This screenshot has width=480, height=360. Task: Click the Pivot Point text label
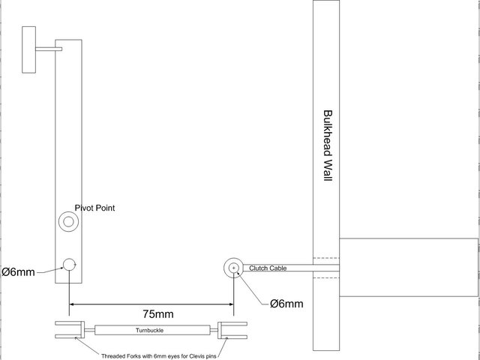(95, 208)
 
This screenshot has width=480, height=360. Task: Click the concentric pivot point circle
(70, 222)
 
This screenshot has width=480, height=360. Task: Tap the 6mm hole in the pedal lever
(70, 264)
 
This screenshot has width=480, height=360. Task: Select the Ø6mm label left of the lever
(18, 272)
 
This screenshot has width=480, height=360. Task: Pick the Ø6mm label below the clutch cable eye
(286, 304)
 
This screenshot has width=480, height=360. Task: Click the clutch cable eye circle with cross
(234, 267)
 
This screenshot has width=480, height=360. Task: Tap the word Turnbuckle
(150, 330)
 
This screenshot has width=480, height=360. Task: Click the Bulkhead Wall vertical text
(327, 151)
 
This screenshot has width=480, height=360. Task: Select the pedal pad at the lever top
(29, 49)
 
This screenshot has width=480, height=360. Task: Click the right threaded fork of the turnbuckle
(231, 330)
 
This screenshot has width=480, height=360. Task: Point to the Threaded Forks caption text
(154, 356)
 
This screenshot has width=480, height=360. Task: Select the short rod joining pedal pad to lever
(49, 49)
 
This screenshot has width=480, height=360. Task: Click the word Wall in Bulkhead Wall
(327, 179)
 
